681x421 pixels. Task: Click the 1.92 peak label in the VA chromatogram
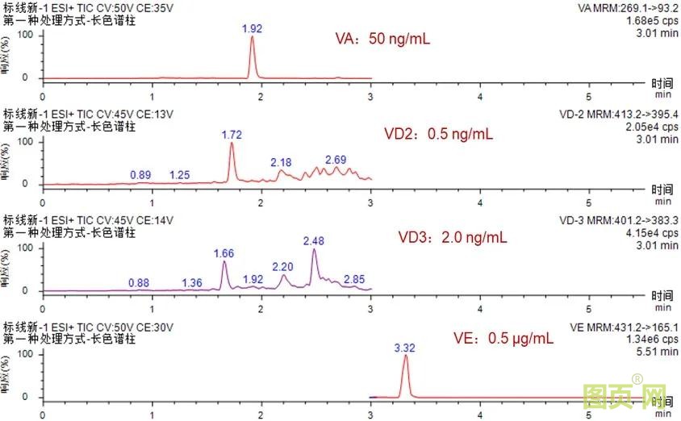[253, 28]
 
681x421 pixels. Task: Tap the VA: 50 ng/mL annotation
[383, 38]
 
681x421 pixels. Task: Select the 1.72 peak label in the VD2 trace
[232, 133]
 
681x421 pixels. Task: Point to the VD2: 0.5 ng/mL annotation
[438, 134]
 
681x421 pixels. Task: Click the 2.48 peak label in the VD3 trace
[313, 240]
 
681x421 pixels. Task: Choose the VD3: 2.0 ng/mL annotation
[453, 237]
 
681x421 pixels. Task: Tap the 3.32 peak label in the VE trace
[405, 348]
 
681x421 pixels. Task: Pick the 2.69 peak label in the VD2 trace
[336, 160]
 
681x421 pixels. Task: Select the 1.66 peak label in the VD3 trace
[224, 253]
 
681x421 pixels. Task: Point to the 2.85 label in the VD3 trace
[354, 279]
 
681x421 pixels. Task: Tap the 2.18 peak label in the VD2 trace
[282, 162]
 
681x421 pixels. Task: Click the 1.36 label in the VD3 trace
[192, 281]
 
